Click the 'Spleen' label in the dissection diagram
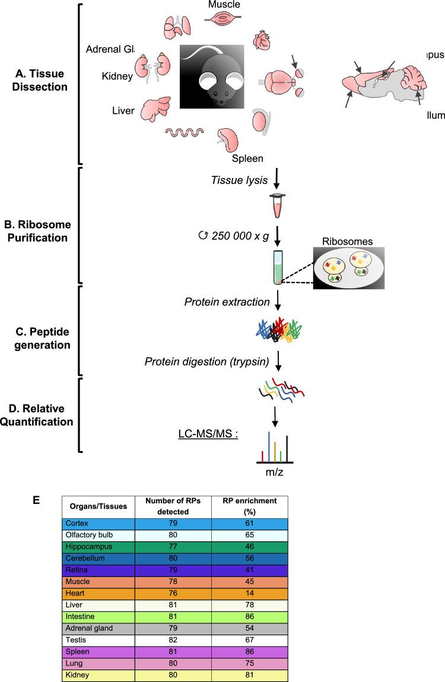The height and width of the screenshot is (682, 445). pos(247,158)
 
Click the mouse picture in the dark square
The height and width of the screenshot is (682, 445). pos(212,75)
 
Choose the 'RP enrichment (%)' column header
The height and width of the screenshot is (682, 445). pos(250,506)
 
